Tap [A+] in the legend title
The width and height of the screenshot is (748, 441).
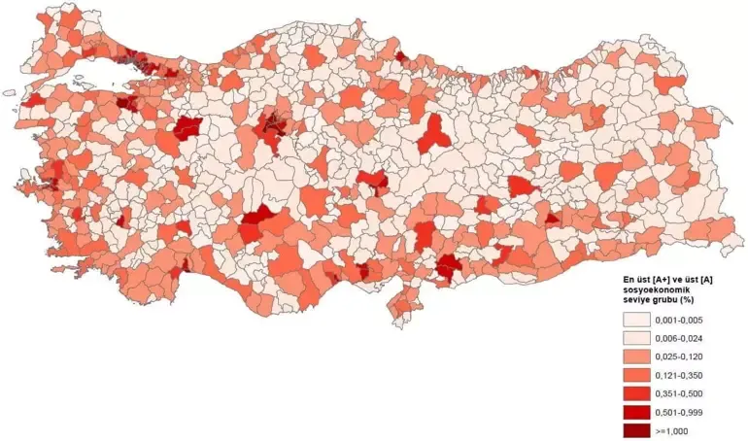point(663,278)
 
